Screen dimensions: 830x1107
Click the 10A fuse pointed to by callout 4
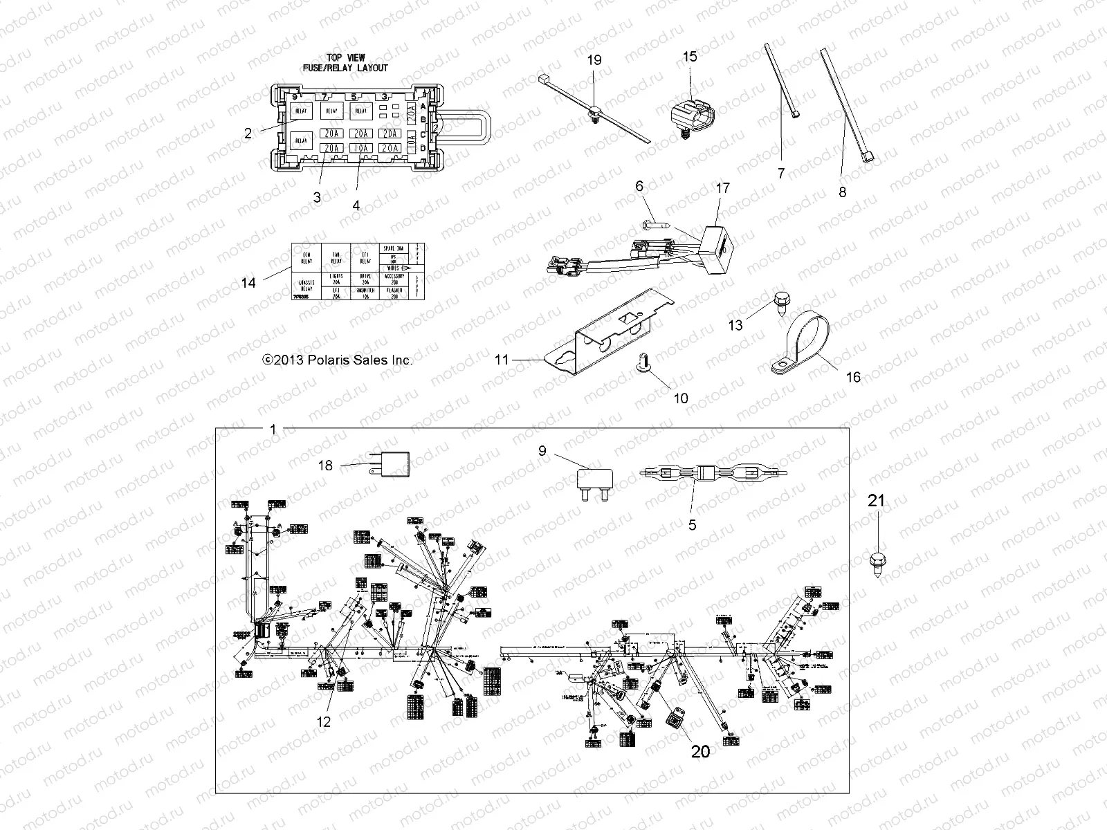tap(360, 148)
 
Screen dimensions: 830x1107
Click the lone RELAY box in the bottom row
tap(301, 140)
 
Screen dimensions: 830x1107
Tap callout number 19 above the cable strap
tap(594, 60)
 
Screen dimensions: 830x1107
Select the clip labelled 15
tap(692, 113)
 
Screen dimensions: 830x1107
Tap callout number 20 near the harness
tap(700, 750)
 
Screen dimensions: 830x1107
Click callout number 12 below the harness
tap(323, 722)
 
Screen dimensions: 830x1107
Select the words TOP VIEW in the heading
tap(345, 58)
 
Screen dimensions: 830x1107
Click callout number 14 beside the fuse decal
tap(248, 282)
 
